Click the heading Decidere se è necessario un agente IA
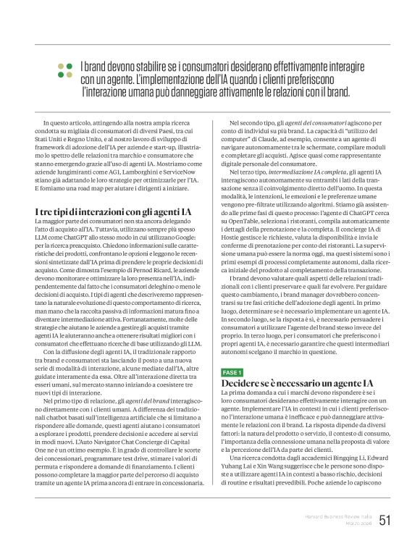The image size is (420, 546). [x=287, y=382]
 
